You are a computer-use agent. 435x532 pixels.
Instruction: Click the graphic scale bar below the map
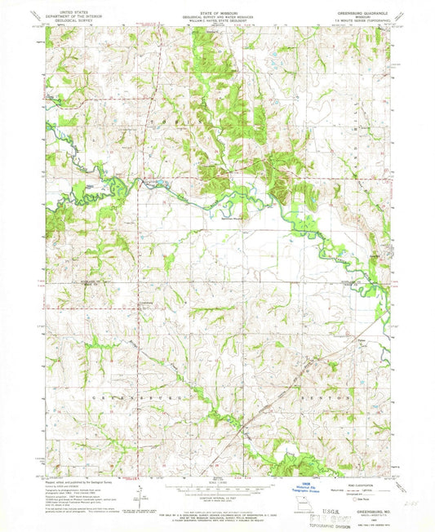click(217, 476)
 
